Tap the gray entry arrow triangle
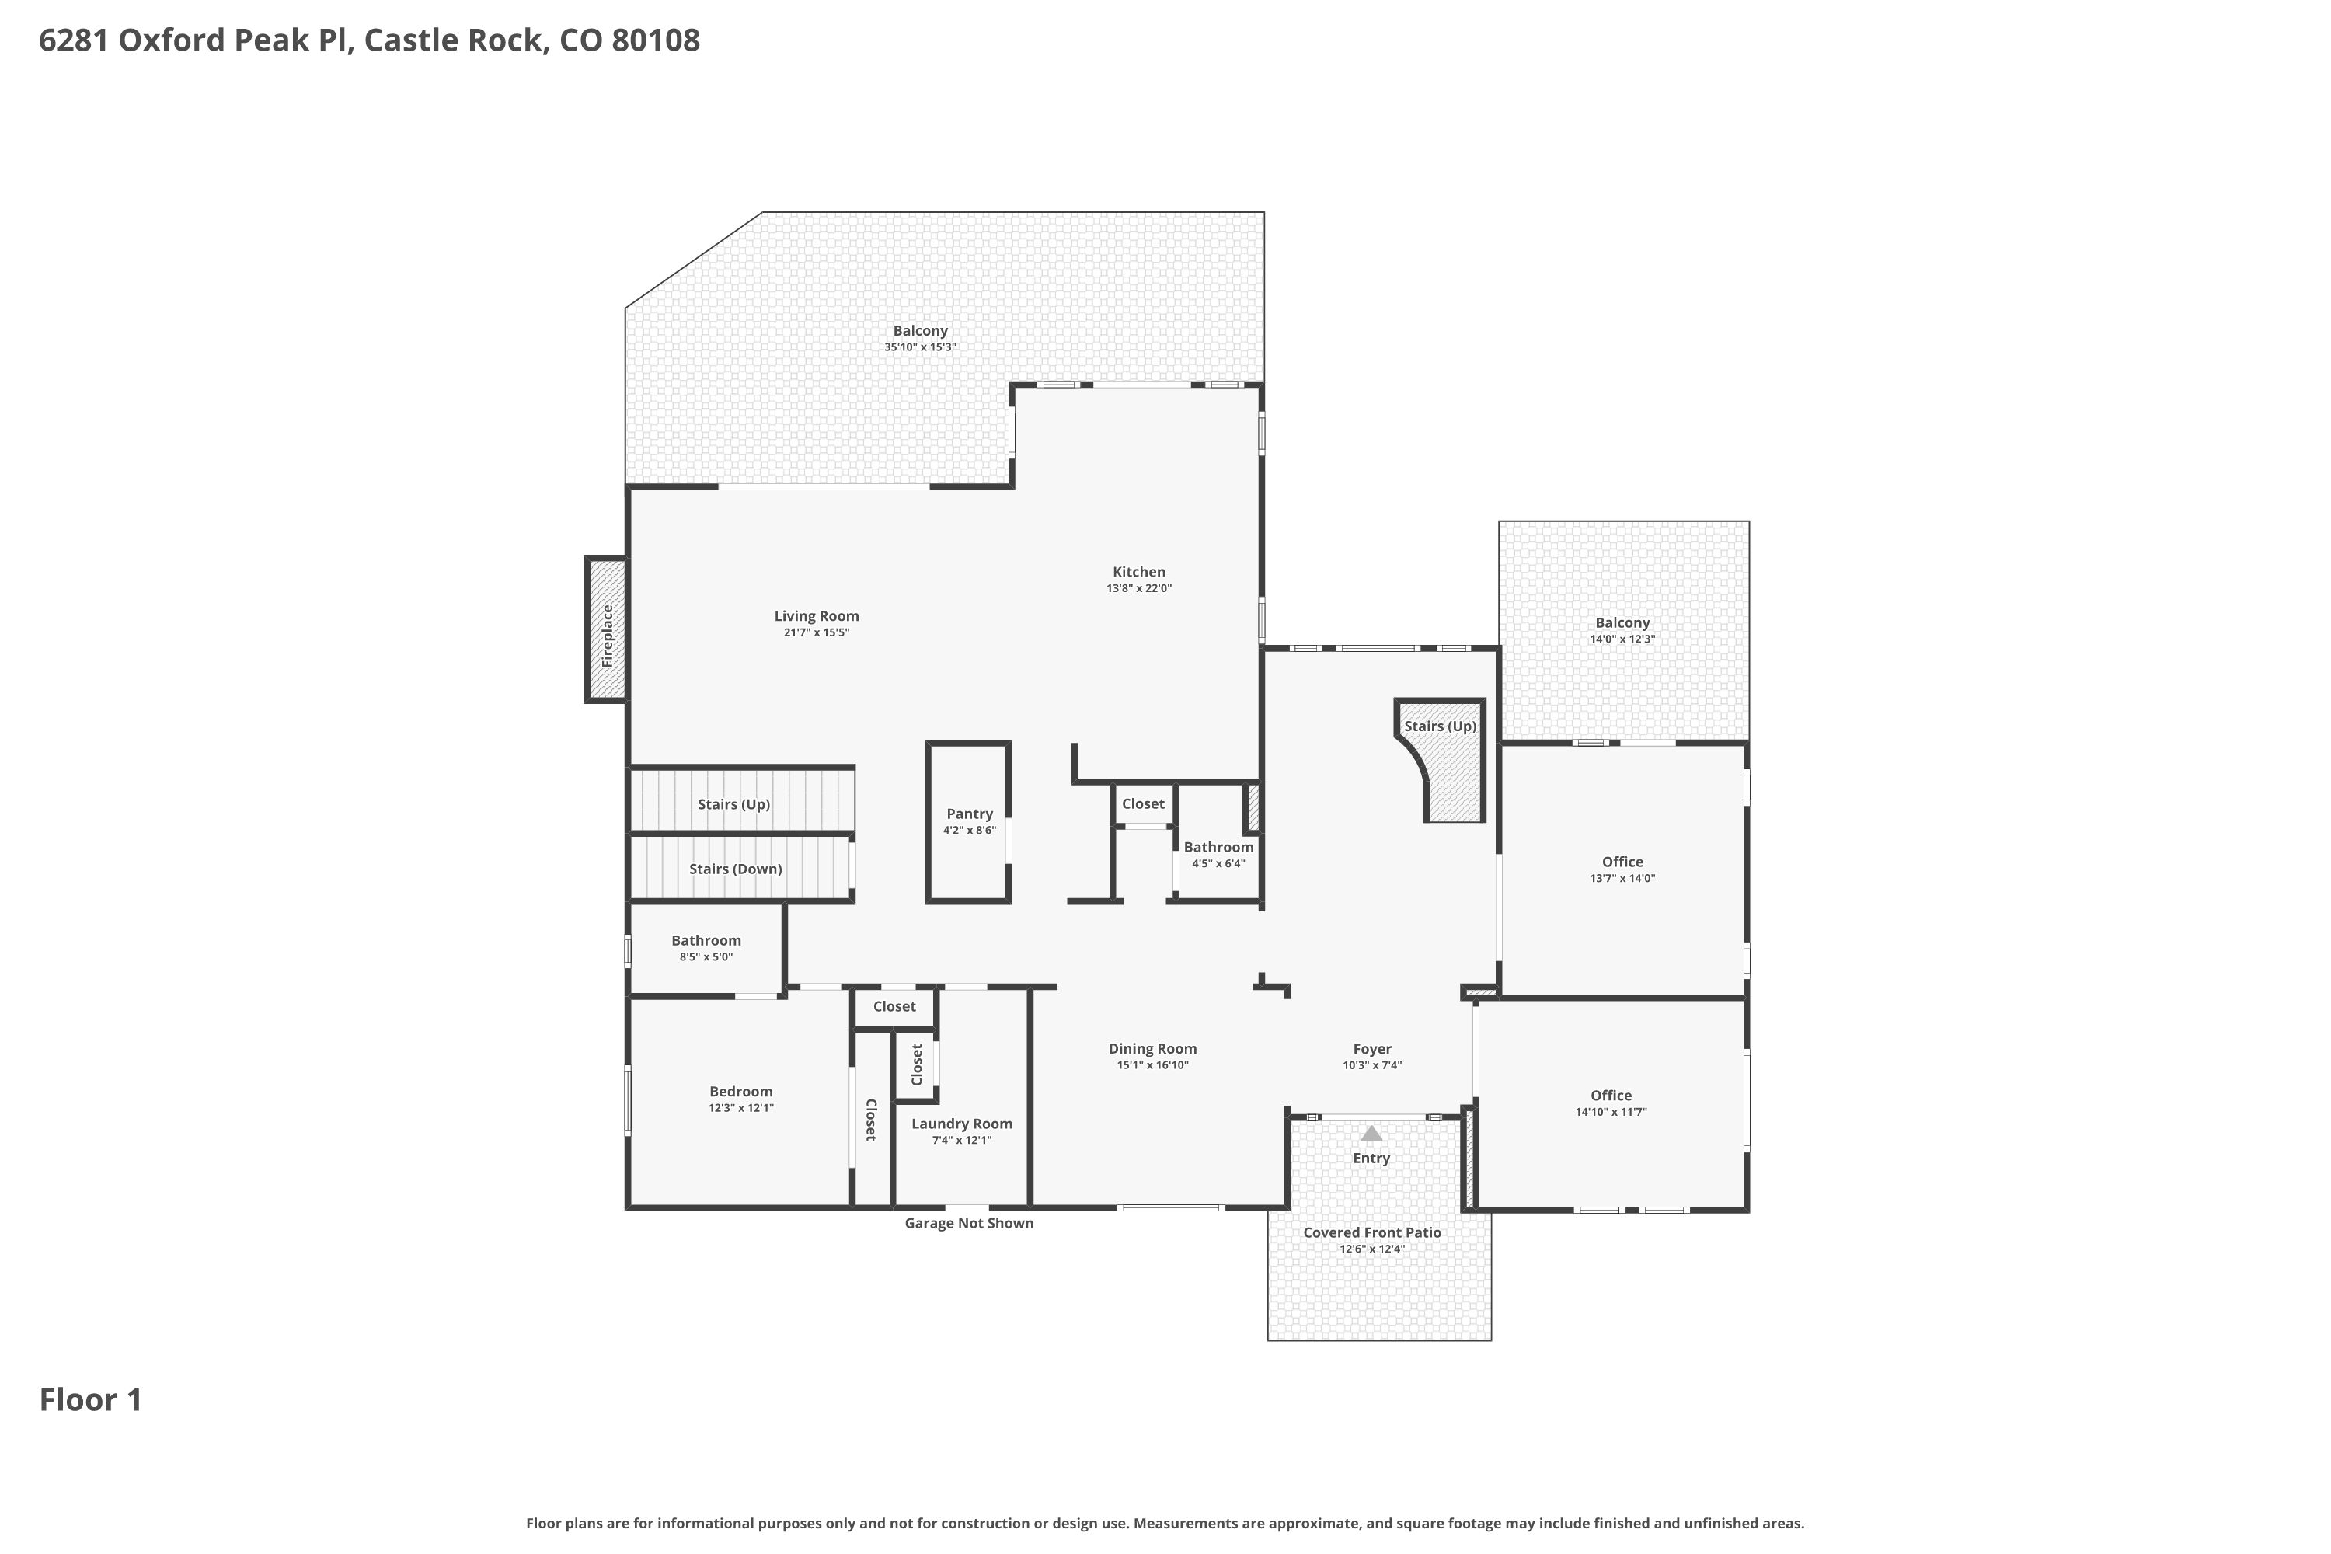[x=1371, y=1133]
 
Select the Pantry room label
[x=969, y=814]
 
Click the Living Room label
[x=817, y=616]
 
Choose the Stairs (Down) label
[x=735, y=869]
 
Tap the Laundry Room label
[x=961, y=1124]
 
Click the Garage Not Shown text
[x=968, y=1223]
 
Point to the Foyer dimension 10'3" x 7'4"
[x=1371, y=1065]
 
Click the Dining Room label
[x=1152, y=1048]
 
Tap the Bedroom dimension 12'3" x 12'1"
[x=740, y=1108]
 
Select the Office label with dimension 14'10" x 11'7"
[x=1611, y=1095]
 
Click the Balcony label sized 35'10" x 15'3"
[x=920, y=331]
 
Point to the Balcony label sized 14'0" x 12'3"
[x=1622, y=623]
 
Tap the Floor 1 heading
[x=91, y=1399]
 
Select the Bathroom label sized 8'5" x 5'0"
[x=706, y=940]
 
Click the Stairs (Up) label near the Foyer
[x=1440, y=726]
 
